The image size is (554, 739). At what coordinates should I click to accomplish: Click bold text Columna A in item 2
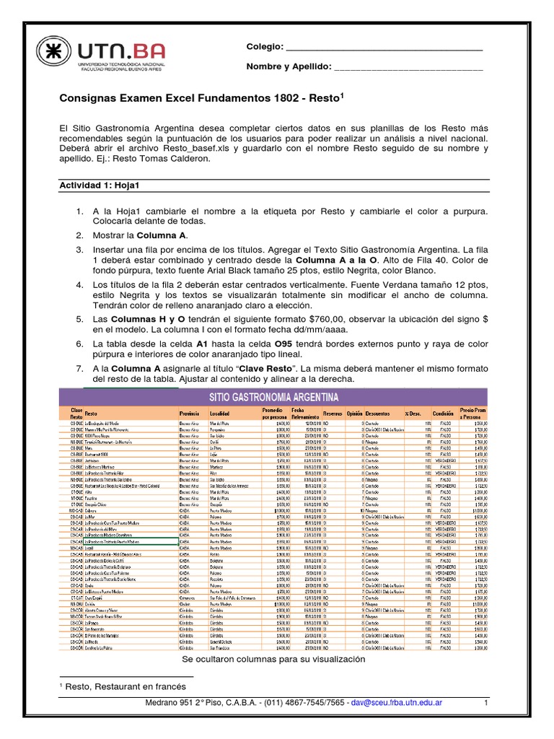pyautogui.click(x=163, y=235)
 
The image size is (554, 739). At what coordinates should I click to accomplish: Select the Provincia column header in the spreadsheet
pyautogui.click(x=190, y=414)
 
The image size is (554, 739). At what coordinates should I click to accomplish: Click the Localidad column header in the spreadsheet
pyautogui.click(x=220, y=414)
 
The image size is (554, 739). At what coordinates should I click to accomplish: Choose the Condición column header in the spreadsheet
pyautogui.click(x=442, y=414)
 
